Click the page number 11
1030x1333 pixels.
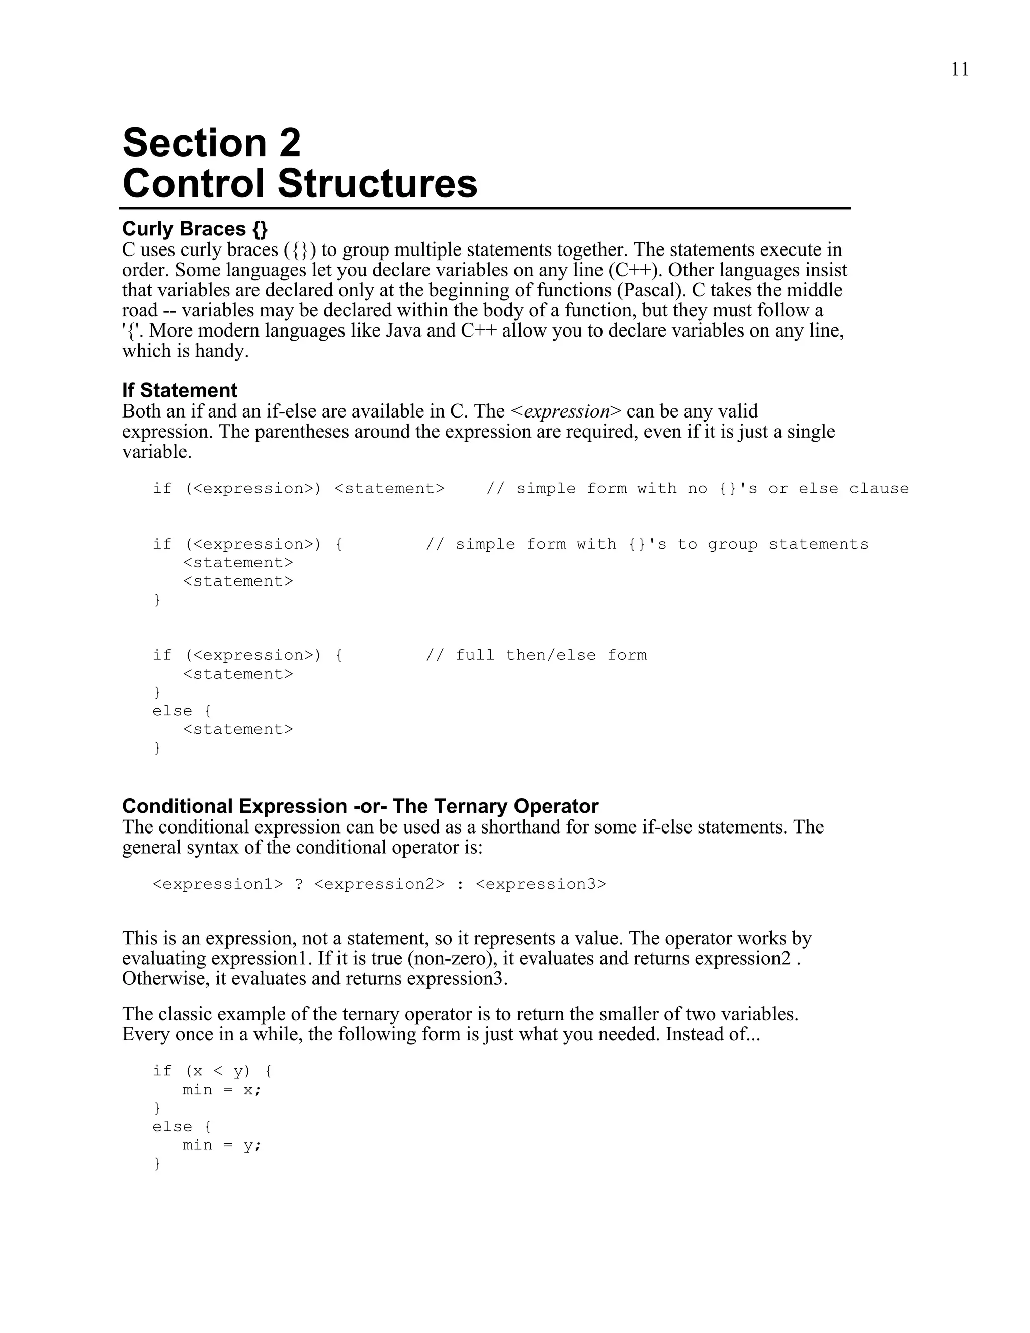click(959, 69)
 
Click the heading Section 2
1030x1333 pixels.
click(211, 143)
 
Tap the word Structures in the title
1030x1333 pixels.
click(377, 183)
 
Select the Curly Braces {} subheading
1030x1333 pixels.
click(195, 229)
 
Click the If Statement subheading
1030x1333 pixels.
click(180, 391)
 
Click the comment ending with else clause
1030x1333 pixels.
click(697, 488)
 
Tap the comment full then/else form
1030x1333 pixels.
click(536, 655)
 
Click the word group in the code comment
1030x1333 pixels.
click(732, 544)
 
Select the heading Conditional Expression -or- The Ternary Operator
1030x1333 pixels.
click(360, 806)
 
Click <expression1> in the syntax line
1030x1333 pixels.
click(218, 884)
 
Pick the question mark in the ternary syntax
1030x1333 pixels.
click(298, 884)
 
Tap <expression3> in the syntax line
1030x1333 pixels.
click(541, 884)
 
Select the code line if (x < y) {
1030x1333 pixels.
click(212, 1071)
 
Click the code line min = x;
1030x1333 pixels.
click(221, 1090)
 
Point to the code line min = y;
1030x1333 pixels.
click(221, 1145)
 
